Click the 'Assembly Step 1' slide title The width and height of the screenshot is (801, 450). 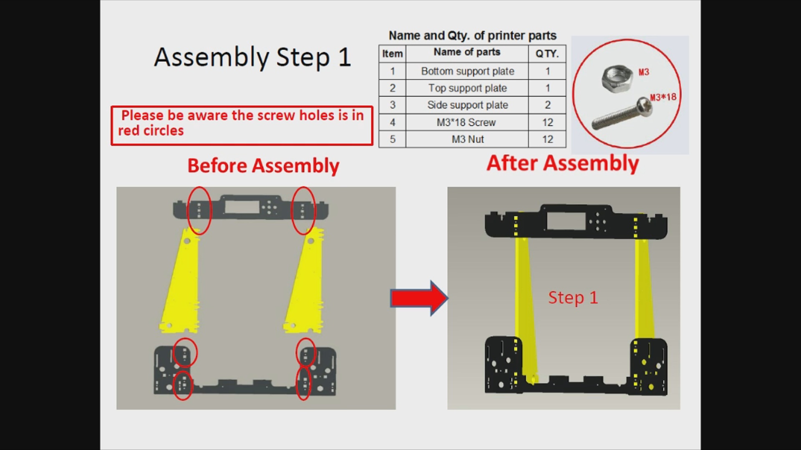click(x=252, y=57)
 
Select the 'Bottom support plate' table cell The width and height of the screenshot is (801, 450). click(x=467, y=71)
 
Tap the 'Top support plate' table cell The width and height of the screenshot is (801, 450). click(x=467, y=88)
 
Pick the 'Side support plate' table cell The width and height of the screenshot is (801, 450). click(x=467, y=105)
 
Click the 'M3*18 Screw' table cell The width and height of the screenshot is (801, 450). click(x=467, y=122)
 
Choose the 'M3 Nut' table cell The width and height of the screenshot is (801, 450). click(x=467, y=139)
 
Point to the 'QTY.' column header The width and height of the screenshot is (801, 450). click(x=547, y=54)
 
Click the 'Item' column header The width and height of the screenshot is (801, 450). click(x=393, y=54)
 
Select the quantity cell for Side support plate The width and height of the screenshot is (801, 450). click(x=547, y=105)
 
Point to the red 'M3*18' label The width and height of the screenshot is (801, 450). click(x=663, y=97)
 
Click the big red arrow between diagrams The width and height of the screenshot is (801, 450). click(x=419, y=298)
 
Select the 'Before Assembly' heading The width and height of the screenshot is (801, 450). click(x=263, y=166)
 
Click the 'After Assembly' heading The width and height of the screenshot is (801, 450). click(x=563, y=163)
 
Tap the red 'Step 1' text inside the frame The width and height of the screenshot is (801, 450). click(x=573, y=297)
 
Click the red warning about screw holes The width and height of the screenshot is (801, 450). click(x=242, y=125)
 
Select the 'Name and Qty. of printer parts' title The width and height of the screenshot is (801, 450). click(x=473, y=36)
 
